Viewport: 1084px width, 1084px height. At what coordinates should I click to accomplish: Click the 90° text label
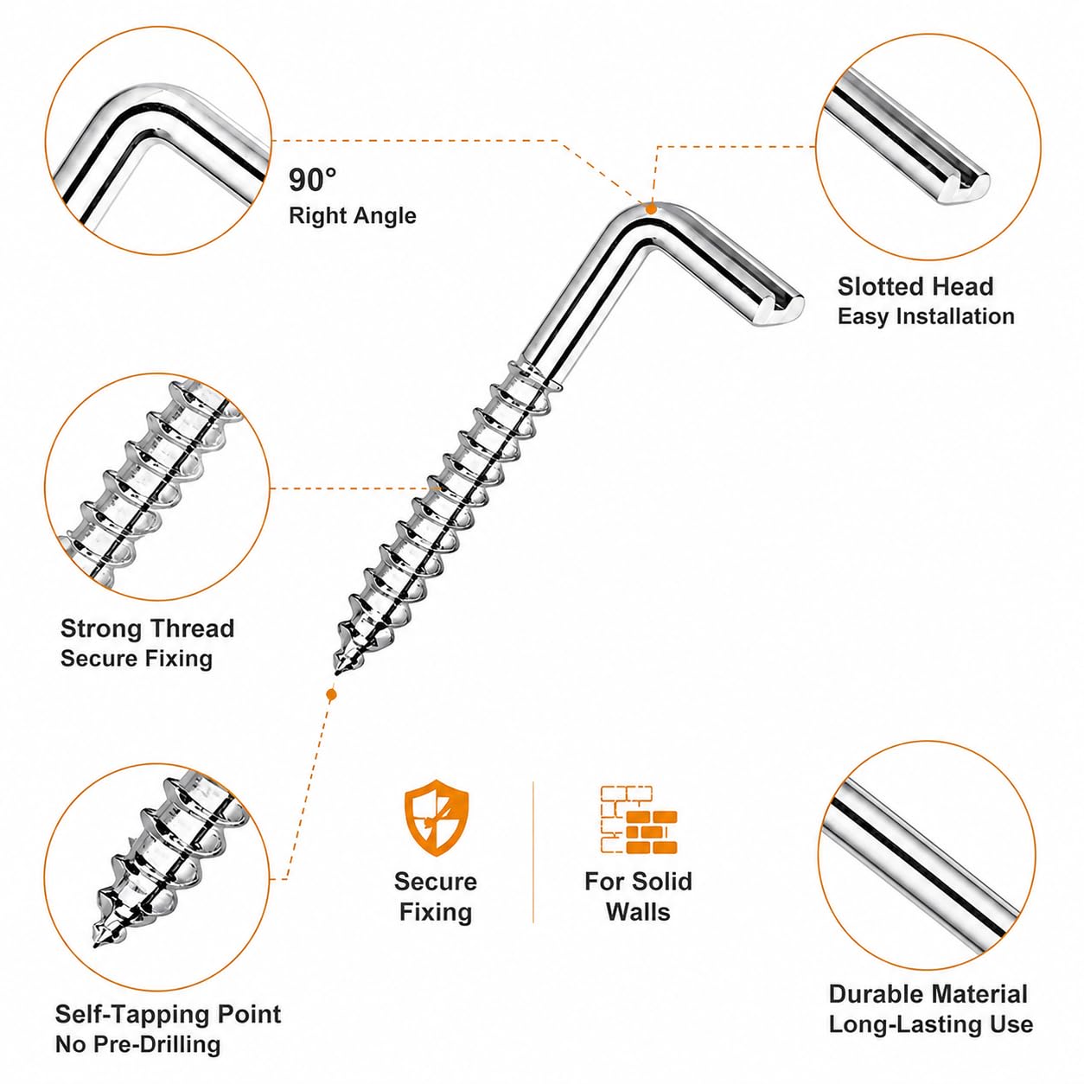point(313,180)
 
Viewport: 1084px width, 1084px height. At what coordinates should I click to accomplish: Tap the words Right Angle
point(353,216)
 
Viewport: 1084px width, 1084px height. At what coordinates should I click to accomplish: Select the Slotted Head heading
point(915,286)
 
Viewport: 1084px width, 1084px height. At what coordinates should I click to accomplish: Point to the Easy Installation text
point(926,316)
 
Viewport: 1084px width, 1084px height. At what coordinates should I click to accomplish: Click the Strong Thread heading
point(147,628)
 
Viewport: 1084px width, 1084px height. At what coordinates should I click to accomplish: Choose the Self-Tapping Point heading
point(169,1014)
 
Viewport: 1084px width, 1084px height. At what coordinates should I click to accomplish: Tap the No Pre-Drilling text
point(137,1044)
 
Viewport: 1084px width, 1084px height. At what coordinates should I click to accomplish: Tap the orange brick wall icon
point(639,819)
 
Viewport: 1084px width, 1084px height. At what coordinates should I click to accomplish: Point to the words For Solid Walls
point(639,896)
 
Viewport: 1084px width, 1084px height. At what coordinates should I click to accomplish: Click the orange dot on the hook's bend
point(651,208)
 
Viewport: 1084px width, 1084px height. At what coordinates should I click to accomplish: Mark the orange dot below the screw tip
point(331,695)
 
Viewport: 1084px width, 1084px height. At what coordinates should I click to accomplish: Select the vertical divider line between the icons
point(532,852)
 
